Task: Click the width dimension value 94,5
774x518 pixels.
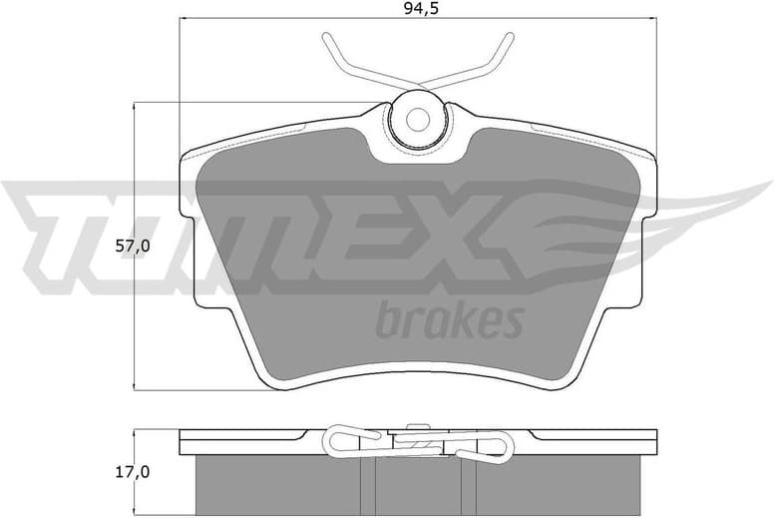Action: pyautogui.click(x=416, y=12)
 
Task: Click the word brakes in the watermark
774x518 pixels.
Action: pyautogui.click(x=449, y=321)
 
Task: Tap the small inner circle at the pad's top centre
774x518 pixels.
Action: pyautogui.click(x=416, y=118)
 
